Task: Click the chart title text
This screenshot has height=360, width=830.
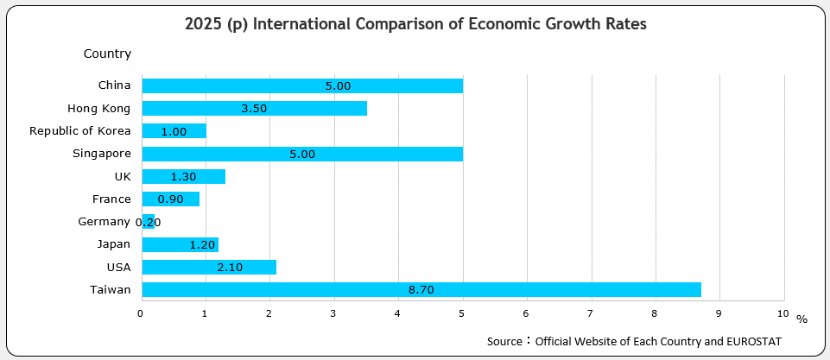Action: point(415,24)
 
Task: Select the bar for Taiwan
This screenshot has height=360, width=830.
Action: point(421,290)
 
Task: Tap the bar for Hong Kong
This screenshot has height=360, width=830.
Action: point(254,109)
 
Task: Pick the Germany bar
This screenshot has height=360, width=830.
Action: point(148,222)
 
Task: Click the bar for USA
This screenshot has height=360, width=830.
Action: point(208,268)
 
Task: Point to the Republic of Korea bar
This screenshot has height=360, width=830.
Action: point(174,131)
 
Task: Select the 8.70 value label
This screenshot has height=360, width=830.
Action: point(421,290)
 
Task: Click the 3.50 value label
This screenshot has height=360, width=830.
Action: point(254,109)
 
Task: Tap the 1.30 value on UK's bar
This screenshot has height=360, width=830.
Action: point(183,177)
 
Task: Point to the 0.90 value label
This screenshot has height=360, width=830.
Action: point(170,199)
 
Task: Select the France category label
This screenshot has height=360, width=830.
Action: point(111,199)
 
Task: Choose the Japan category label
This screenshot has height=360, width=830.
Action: point(114,244)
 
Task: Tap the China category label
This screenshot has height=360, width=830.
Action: point(114,85)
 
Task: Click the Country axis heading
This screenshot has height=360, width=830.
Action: point(107,54)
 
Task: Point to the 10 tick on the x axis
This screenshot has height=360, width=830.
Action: point(782,313)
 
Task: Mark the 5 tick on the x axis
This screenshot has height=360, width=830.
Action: point(462,313)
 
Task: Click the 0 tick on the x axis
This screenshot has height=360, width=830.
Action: point(141,313)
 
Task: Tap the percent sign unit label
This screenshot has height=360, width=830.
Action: point(801,319)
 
